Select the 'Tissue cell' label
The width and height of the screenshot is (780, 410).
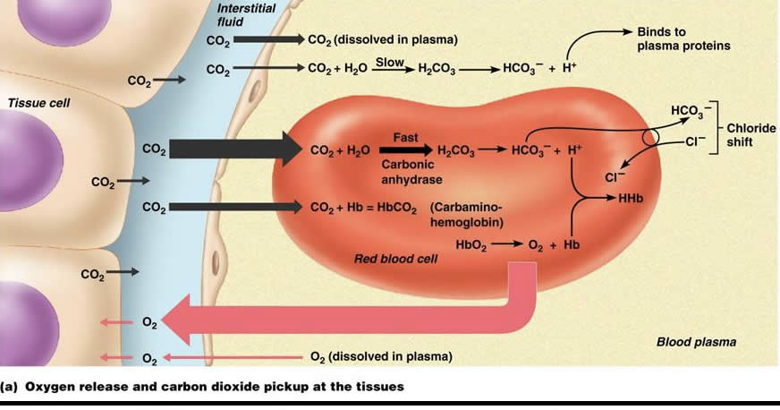pos(38,103)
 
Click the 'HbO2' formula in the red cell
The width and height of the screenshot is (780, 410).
pos(471,243)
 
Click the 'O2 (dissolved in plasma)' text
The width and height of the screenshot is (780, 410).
pos(380,356)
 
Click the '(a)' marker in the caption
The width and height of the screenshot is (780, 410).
pos(11,387)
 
